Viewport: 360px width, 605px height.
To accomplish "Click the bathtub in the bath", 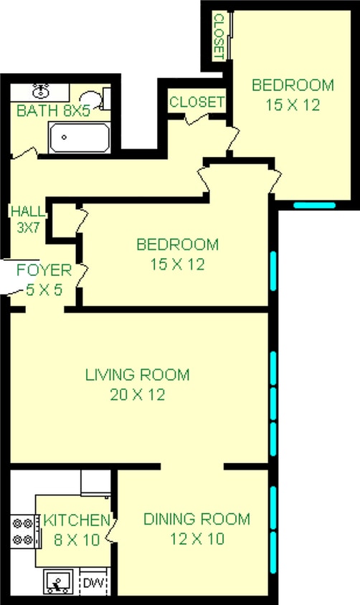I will point(79,138).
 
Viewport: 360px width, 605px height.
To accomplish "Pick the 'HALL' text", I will point(27,211).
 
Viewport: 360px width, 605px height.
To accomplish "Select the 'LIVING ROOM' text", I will point(137,374).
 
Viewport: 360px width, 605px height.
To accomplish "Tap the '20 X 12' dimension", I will point(137,394).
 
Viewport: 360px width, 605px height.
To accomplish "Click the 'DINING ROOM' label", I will point(196,519).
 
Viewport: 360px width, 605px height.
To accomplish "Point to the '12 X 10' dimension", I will point(196,538).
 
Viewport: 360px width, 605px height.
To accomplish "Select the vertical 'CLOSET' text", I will point(219,37).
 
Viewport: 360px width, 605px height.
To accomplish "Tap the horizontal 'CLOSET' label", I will point(196,102).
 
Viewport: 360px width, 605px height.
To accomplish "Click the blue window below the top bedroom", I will point(314,204).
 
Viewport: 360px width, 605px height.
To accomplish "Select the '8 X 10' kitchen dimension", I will point(75,539).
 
